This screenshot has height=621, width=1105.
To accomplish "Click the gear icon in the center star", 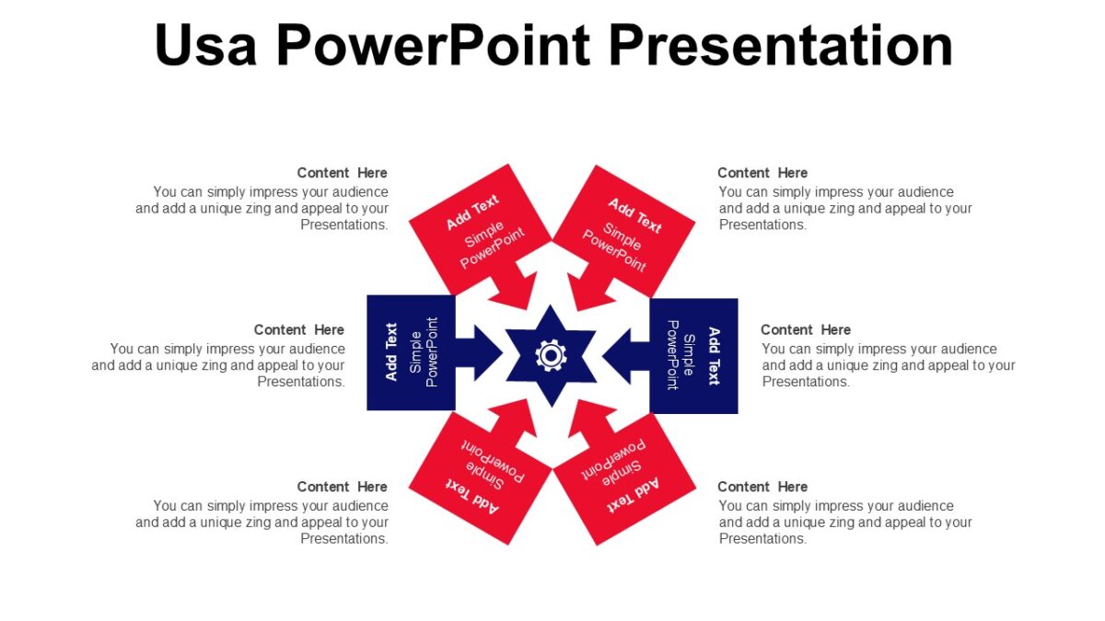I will (x=552, y=355).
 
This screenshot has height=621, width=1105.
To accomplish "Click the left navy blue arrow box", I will (x=411, y=353).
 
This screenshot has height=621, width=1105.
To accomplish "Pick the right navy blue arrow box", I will (x=693, y=354).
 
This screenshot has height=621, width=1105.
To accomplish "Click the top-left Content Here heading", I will (x=342, y=173).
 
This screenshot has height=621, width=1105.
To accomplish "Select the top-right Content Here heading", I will (x=762, y=173).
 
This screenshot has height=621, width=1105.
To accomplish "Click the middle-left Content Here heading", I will (x=298, y=329).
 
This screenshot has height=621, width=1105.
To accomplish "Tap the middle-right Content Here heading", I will (x=806, y=329).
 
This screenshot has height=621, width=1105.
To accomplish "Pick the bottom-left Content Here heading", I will (x=342, y=487).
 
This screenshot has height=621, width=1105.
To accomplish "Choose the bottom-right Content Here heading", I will (x=762, y=487).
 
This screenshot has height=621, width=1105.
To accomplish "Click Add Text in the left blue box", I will (x=391, y=352).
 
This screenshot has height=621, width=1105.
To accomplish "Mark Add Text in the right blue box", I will (x=713, y=355).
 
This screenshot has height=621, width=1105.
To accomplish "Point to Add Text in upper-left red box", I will (x=472, y=213).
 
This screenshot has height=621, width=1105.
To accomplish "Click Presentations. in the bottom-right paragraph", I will (x=762, y=539).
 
